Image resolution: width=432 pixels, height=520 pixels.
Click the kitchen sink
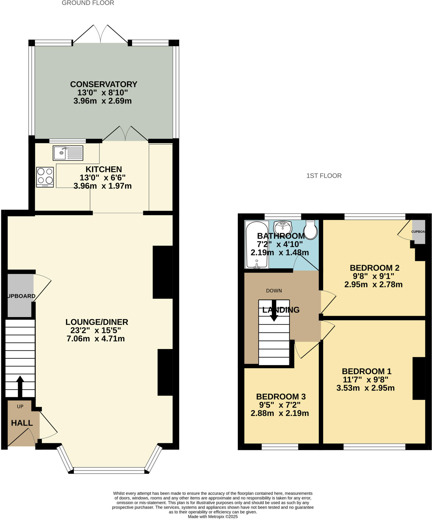point(68,153)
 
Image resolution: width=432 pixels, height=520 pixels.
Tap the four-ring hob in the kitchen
point(45,177)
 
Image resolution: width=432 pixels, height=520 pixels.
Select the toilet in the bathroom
point(311,230)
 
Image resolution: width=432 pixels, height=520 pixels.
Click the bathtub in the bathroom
point(257,245)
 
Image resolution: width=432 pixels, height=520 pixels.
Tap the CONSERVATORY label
point(104,84)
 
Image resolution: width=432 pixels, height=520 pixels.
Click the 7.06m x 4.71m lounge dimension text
point(96,339)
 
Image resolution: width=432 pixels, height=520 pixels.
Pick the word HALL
point(22,423)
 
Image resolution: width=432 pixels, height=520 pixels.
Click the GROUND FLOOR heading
point(88,3)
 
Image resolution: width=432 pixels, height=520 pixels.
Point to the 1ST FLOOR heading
point(324,176)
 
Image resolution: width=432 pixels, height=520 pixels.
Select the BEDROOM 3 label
point(281,397)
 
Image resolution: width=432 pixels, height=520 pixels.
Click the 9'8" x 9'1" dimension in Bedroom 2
point(373,276)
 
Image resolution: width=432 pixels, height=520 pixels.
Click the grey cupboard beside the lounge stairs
point(20,296)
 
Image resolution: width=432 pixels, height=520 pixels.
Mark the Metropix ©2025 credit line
point(213,516)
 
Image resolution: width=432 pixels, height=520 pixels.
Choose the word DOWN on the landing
point(274,291)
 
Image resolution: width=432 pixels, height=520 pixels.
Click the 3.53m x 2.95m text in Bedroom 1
point(365,388)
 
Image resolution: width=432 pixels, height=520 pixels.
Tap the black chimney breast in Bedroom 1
point(419,379)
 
